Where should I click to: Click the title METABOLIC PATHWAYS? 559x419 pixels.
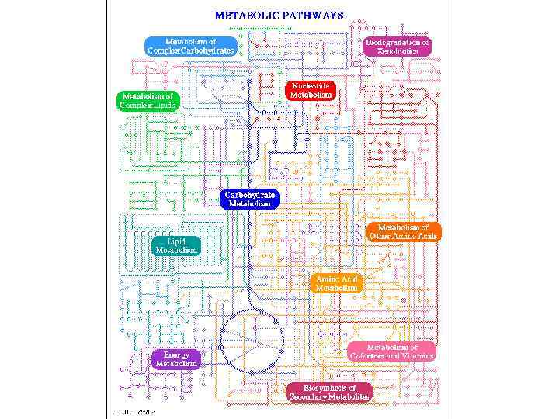click(x=279, y=15)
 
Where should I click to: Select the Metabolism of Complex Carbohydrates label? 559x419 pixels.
click(x=190, y=46)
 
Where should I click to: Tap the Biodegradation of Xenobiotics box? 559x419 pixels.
click(x=398, y=46)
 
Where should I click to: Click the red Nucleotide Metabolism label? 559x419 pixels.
click(x=311, y=90)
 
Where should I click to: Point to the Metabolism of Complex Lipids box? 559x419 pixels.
click(x=148, y=101)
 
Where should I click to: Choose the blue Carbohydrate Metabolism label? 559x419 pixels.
click(x=249, y=199)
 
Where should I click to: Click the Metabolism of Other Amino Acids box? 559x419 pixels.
click(x=403, y=231)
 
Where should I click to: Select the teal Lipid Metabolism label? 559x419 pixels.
click(x=176, y=245)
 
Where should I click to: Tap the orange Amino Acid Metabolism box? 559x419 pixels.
click(x=336, y=282)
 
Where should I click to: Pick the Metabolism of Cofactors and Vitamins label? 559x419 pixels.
click(x=391, y=351)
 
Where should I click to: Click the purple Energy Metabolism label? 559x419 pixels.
click(x=176, y=358)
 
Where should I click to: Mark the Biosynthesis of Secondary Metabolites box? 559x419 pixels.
click(x=329, y=392)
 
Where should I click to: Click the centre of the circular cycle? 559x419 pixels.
click(x=252, y=341)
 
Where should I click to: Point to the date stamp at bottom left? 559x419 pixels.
click(x=134, y=411)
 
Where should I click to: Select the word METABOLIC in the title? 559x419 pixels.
click(x=244, y=15)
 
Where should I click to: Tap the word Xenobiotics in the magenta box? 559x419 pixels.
click(x=398, y=50)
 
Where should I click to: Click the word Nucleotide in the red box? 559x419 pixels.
click(x=311, y=85)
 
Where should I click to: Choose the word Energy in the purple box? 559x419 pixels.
click(x=176, y=355)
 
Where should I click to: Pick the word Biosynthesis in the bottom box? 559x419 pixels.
click(x=329, y=387)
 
